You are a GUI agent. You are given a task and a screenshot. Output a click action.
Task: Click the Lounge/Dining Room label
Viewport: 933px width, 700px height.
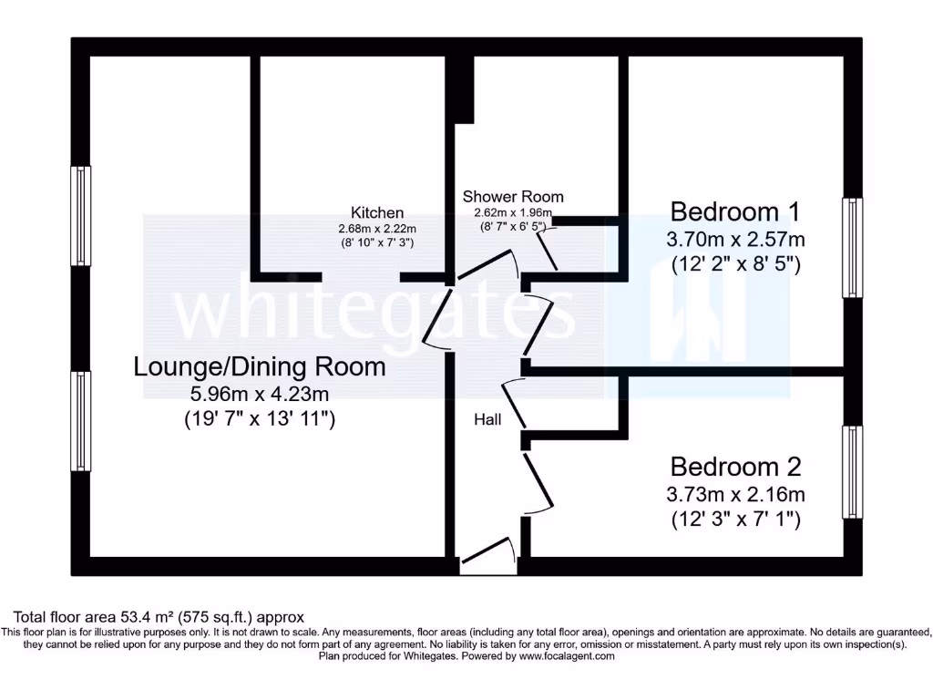tap(259, 367)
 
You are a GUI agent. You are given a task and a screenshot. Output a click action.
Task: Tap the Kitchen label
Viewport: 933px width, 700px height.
tap(377, 213)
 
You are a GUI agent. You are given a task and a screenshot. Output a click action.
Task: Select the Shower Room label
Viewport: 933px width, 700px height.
tap(513, 196)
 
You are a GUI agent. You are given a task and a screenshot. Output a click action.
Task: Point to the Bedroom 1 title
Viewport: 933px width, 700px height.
tap(734, 211)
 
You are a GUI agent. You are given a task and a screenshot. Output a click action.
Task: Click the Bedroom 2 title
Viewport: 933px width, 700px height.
tap(734, 467)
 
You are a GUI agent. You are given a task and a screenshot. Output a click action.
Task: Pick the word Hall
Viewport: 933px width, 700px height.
tap(487, 419)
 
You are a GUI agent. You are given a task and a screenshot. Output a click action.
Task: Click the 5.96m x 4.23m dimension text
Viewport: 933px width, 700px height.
tap(259, 395)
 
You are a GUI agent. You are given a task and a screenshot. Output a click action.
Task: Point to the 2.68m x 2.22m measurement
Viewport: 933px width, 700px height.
tap(376, 229)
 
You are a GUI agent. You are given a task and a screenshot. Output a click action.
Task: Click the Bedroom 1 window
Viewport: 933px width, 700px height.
tap(851, 247)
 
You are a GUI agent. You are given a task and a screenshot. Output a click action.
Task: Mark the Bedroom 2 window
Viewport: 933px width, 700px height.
tap(851, 472)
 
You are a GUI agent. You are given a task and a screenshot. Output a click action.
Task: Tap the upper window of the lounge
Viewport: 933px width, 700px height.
tap(83, 215)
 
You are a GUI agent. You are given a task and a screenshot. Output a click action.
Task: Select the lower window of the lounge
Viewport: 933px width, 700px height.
tap(83, 421)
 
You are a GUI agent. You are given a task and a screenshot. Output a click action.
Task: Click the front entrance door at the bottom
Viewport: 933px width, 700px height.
tap(487, 556)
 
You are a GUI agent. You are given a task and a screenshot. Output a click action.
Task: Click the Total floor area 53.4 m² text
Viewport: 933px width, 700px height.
tap(157, 617)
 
